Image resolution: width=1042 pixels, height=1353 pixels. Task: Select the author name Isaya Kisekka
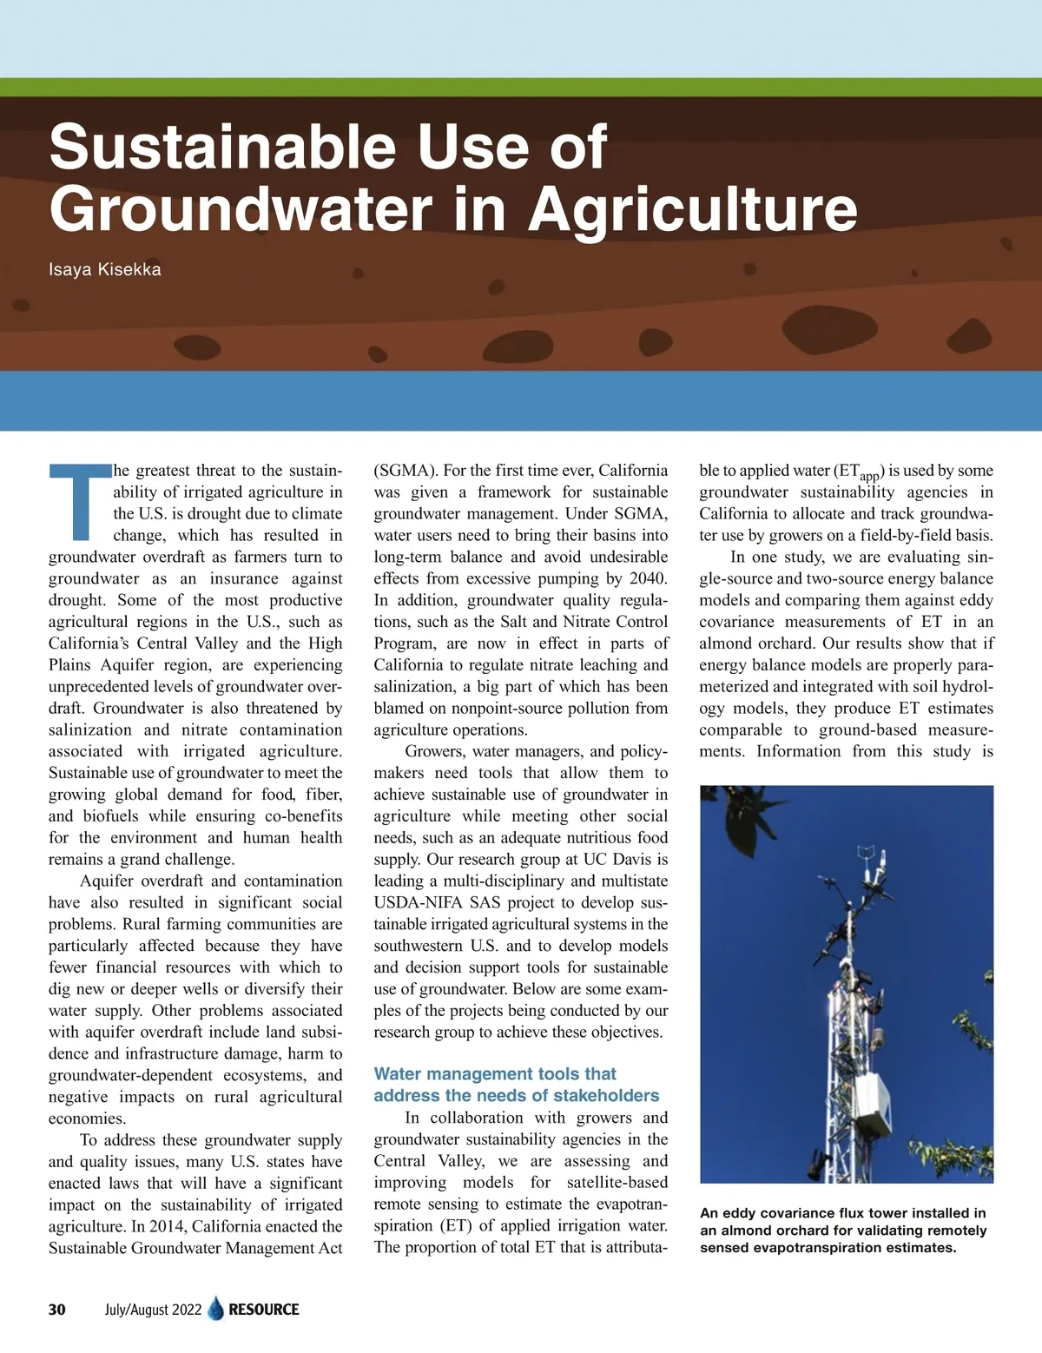[104, 269]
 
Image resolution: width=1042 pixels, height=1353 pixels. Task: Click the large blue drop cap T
[79, 501]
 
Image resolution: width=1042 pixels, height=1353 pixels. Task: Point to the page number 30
[57, 1310]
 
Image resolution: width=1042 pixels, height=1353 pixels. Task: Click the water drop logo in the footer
[216, 1309]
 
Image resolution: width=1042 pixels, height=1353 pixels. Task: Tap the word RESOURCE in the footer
[264, 1310]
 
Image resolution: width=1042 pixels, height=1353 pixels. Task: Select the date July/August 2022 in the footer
[153, 1310]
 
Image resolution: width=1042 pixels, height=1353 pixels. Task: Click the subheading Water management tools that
[495, 1074]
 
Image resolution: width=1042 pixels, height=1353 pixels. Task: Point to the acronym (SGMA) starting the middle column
[406, 471]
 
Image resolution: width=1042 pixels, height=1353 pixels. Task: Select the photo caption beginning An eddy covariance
[843, 1230]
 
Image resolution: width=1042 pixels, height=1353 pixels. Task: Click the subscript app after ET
[869, 476]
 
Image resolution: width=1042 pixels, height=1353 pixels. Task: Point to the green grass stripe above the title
[521, 87]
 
